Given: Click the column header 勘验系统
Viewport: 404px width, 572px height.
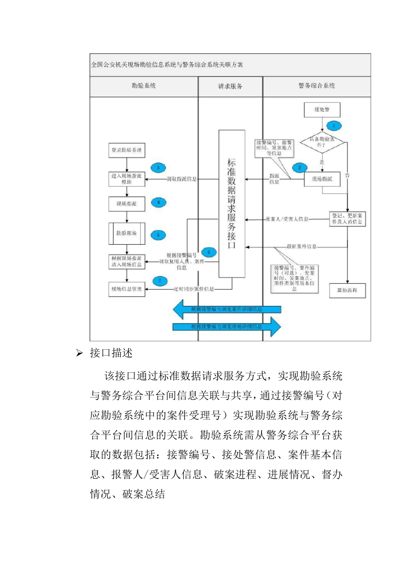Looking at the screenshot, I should pos(143,86).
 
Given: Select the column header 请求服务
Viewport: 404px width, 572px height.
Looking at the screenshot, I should pos(230,86).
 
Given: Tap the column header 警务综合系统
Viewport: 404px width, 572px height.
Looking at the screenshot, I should pos(316,86).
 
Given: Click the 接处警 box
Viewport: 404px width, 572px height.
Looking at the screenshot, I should pos(322,110).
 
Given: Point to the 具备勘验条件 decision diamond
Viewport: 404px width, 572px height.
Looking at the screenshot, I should pos(322,142).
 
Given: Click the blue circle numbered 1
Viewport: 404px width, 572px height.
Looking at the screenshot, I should pos(334,126).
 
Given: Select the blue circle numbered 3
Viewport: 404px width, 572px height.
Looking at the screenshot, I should pos(158,168).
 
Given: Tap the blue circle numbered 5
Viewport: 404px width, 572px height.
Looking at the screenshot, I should pos(158,235).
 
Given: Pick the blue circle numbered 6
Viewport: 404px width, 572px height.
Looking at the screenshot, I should pos(208,252).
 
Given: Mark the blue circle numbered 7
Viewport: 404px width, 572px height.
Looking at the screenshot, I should pos(160,281).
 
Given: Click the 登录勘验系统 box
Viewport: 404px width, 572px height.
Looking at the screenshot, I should pos(127,150).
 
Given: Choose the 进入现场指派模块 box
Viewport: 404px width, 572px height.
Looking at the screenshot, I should pos(127,179).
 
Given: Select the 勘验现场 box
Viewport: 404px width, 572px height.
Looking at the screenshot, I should pos(127,234).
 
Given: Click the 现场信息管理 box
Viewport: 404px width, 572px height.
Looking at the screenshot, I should pos(127,289).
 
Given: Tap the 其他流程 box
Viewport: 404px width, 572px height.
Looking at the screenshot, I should pos(347,290).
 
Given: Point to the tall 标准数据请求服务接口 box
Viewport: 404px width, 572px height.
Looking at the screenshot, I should pos(232,204).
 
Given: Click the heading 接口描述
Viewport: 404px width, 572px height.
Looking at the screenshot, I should pos(111,353).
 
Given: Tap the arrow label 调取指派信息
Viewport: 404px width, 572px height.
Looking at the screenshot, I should pos(182,179).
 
